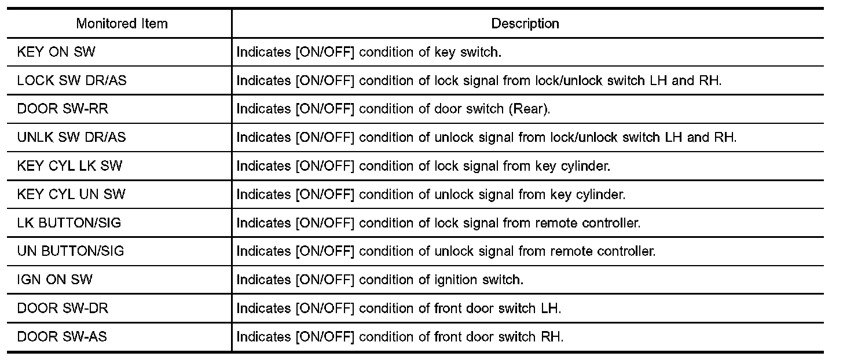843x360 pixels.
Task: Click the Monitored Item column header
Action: [122, 24]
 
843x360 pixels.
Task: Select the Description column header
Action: [525, 24]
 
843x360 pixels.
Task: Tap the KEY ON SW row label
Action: [56, 52]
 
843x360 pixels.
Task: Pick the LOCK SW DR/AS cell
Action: [72, 80]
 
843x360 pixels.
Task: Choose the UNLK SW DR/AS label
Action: [72, 137]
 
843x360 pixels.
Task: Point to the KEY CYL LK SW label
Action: [70, 166]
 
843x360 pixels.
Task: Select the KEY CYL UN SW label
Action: [72, 194]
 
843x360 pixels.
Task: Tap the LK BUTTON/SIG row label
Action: [69, 223]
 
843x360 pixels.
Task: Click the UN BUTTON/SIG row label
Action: [71, 251]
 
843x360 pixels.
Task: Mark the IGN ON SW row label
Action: [55, 280]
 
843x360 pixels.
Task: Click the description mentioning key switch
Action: [369, 52]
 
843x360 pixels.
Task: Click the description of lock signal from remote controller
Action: [438, 223]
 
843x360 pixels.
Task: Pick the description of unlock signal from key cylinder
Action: [431, 194]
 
